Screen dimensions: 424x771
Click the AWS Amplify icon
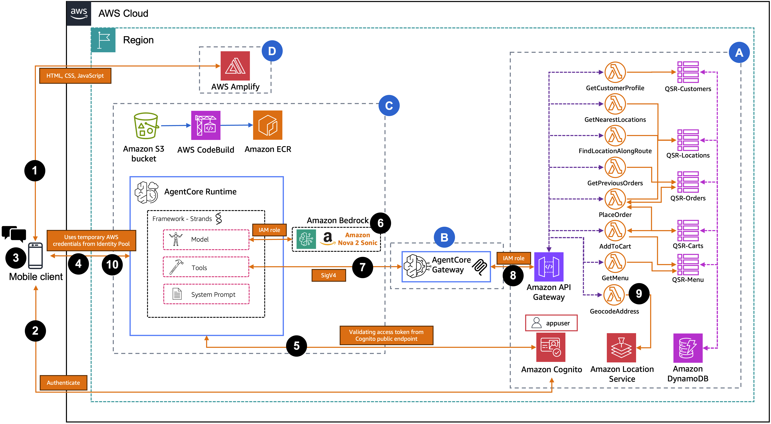point(235,66)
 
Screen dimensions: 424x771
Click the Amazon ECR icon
point(268,125)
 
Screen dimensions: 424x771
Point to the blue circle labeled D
point(272,51)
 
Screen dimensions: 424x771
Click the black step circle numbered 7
point(363,267)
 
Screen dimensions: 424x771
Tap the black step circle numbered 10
point(112,264)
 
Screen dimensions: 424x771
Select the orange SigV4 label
point(329,275)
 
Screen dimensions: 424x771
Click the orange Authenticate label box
point(63,383)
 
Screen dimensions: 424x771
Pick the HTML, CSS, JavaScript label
point(75,76)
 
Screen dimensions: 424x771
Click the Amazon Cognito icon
point(551,347)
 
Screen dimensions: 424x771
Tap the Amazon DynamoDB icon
point(688,348)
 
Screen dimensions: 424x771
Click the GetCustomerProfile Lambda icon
point(615,72)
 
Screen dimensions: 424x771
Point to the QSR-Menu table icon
point(688,264)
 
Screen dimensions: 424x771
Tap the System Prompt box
point(206,294)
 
